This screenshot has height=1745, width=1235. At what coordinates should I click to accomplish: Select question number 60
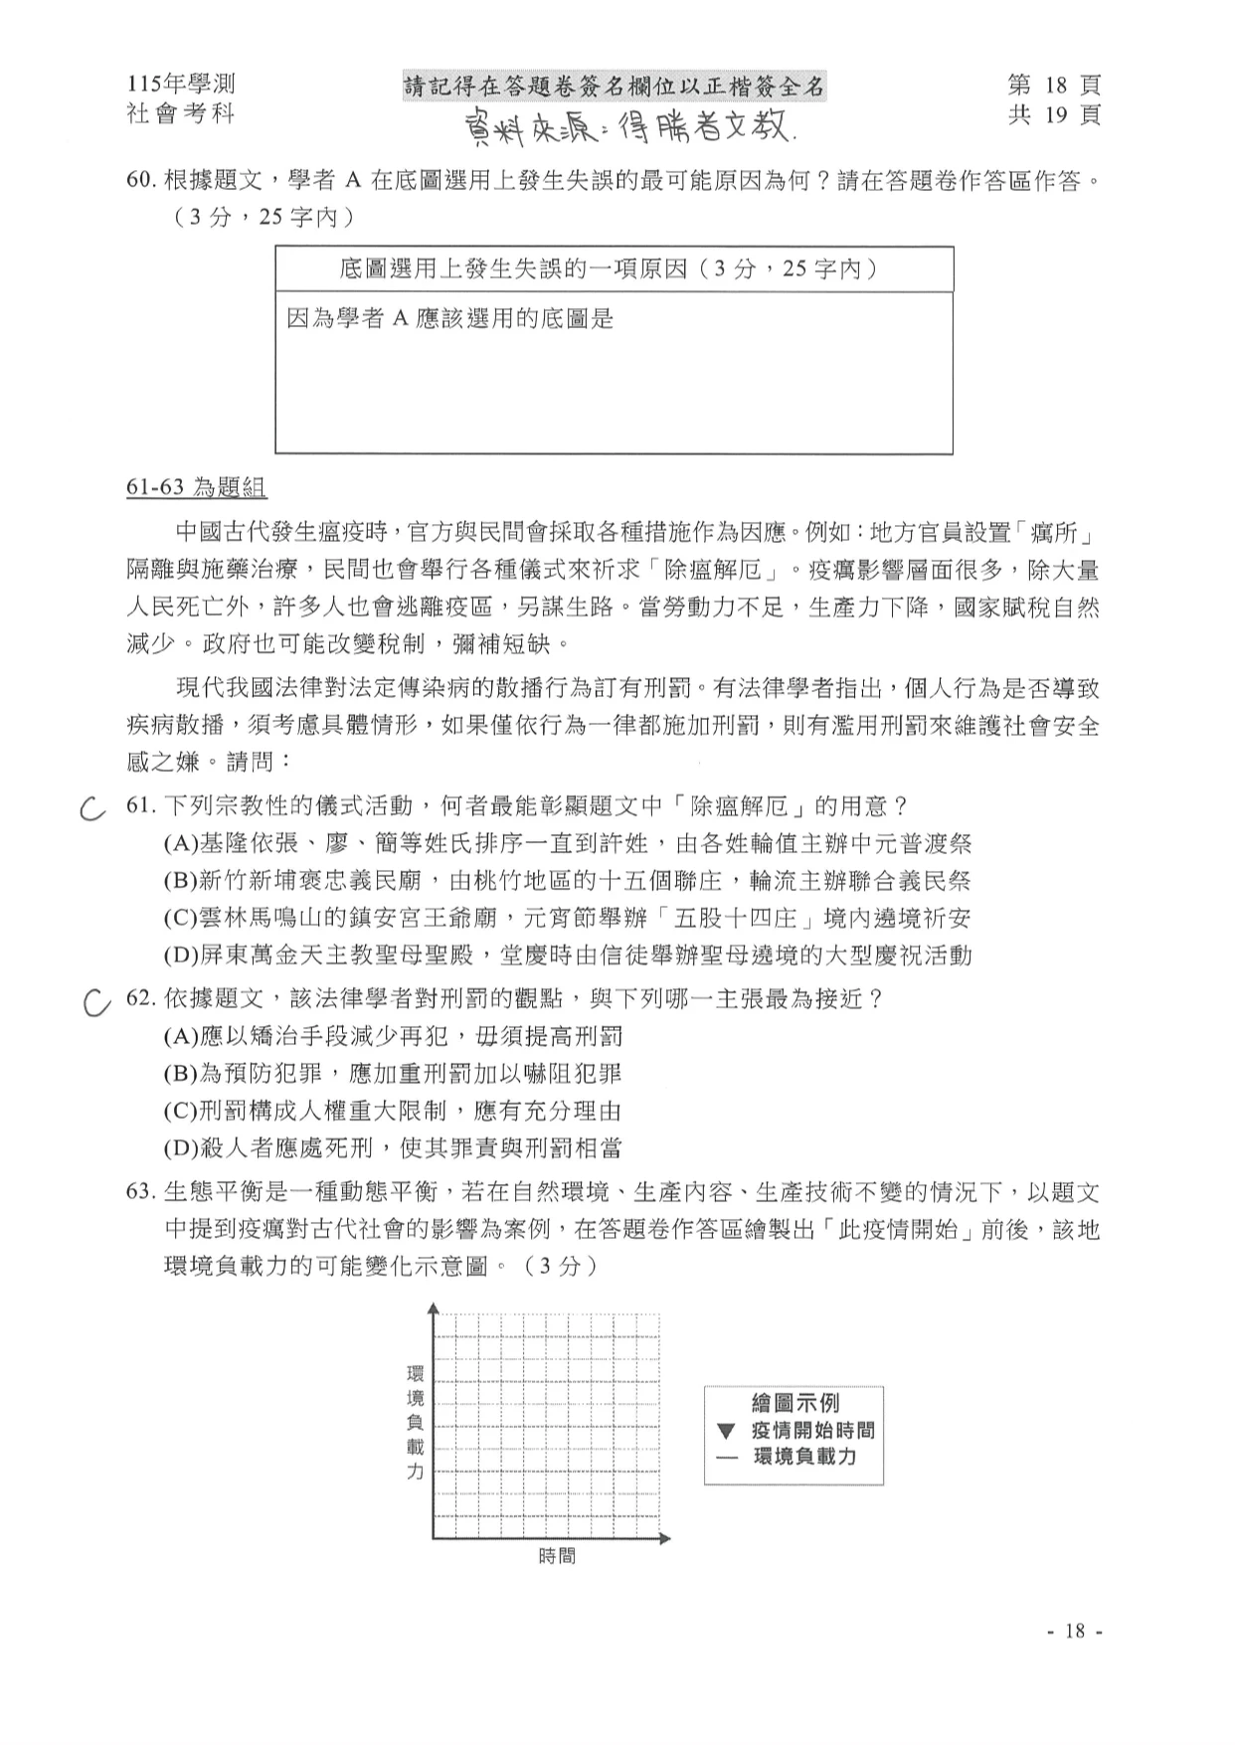142,181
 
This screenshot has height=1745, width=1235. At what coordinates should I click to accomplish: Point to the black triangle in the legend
726,1432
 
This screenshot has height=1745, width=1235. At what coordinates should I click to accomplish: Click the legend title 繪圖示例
794,1403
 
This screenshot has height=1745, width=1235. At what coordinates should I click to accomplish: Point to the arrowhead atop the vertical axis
433,1308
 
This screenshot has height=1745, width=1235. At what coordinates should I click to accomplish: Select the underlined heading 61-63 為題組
197,487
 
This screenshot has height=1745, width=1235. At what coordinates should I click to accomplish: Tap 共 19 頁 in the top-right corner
1054,115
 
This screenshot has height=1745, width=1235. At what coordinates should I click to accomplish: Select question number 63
141,1192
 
